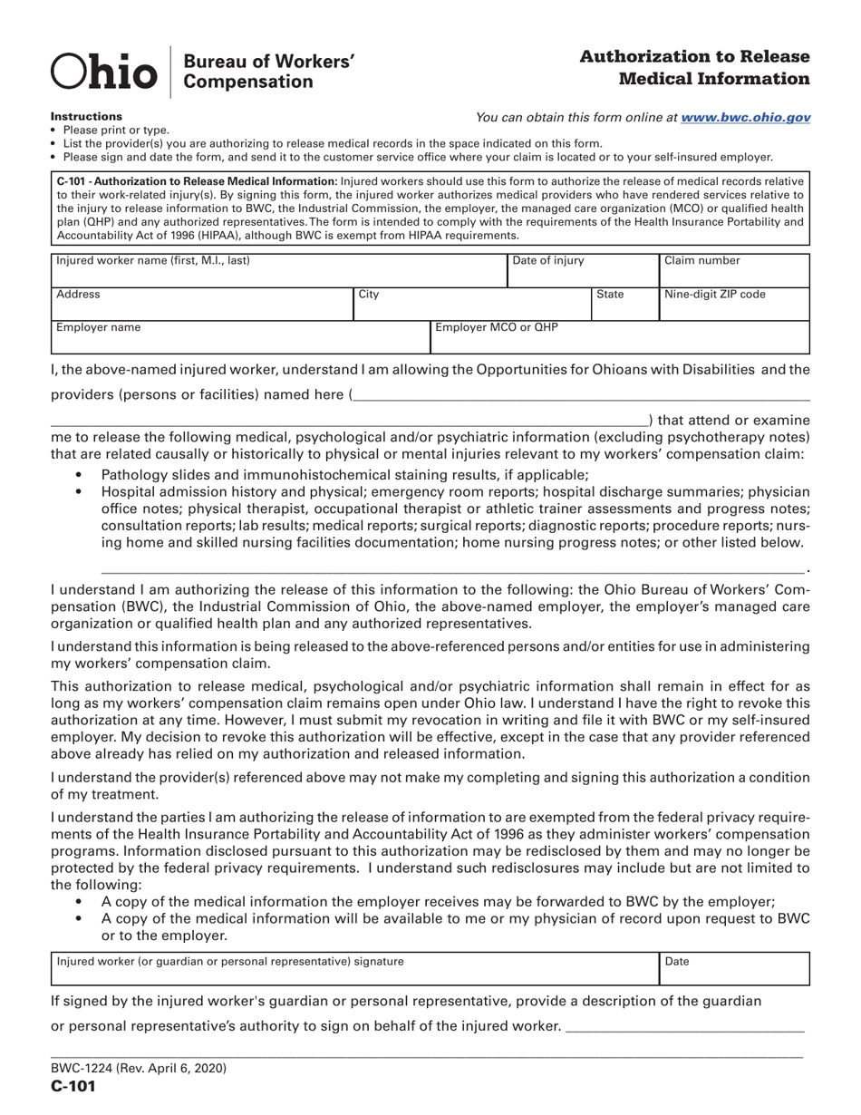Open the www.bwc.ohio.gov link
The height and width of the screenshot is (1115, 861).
pyautogui.click(x=745, y=117)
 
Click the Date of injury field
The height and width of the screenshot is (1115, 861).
pyautogui.click(x=581, y=270)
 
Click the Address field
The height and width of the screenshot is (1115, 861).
pyautogui.click(x=200, y=305)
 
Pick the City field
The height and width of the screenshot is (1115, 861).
pyautogui.click(x=471, y=305)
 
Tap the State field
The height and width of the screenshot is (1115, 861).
pyautogui.click(x=624, y=305)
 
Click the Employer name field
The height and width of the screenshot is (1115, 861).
pyautogui.click(x=238, y=337)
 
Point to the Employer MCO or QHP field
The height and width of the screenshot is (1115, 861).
pyautogui.click(x=618, y=337)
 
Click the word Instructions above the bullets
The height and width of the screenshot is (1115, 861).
pyautogui.click(x=86, y=117)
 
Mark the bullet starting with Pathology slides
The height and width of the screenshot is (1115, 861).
pyautogui.click(x=344, y=474)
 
